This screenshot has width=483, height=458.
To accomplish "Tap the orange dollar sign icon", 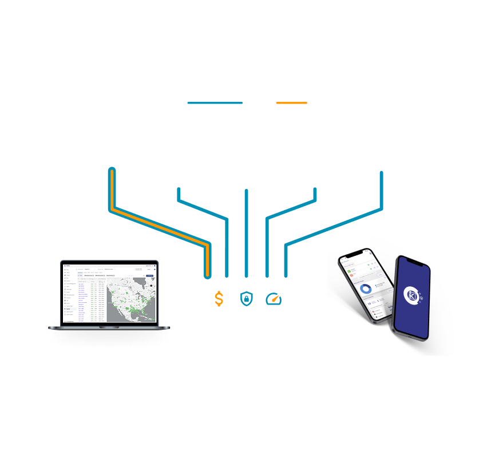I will coord(219,298).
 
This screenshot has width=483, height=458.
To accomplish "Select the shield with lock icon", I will coord(246,298).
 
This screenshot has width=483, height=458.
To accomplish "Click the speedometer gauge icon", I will coord(274,298).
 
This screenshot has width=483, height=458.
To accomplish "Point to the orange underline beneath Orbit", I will coord(291,103).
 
